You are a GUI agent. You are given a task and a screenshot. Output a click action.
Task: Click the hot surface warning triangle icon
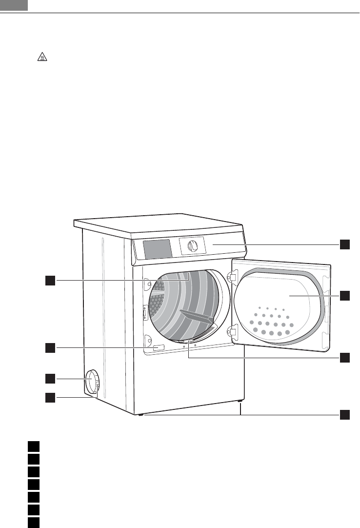43,58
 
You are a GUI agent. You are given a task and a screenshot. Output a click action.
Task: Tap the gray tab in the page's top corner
13,5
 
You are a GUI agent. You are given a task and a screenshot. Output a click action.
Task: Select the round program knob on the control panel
193,246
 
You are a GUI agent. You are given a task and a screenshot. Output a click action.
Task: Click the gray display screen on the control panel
157,249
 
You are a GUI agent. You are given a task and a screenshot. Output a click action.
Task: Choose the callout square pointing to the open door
345,296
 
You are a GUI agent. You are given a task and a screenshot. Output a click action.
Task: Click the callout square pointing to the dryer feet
345,415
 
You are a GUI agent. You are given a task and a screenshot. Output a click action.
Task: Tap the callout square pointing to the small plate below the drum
50,347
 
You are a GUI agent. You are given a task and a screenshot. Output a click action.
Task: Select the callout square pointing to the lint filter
345,357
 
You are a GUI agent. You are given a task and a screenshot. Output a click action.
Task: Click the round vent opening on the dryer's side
91,382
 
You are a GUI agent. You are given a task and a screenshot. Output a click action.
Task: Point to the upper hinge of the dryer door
233,277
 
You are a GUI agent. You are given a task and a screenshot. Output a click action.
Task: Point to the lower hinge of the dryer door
233,333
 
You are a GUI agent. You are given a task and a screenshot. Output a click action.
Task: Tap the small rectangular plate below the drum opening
158,348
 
